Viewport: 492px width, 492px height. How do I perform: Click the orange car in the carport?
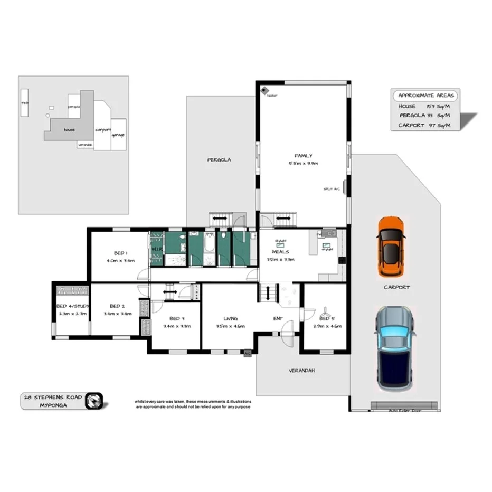coord(391,247)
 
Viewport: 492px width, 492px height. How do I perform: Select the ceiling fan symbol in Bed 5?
coord(325,311)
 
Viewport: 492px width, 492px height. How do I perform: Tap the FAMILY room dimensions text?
coord(304,163)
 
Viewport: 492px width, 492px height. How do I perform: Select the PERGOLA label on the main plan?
coord(219,159)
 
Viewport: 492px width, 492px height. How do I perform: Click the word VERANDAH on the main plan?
coord(302,371)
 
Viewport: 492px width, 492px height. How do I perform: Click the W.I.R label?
coord(156,249)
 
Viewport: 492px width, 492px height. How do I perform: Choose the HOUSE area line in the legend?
coord(422,106)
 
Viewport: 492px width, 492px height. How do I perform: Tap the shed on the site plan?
coord(24,102)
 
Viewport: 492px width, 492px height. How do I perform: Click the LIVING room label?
coord(231,319)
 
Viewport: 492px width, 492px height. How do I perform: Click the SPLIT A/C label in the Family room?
coord(332,189)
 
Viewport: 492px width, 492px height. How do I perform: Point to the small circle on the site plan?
coord(48,115)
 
